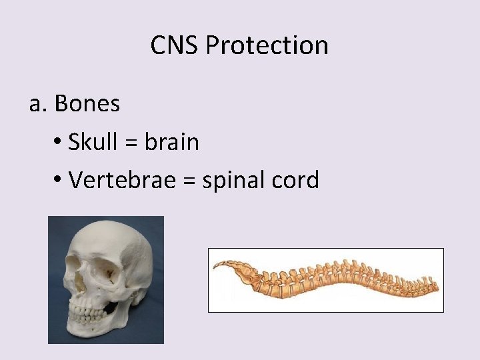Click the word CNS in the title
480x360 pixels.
pos(175,45)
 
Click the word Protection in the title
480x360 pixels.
pos(267,45)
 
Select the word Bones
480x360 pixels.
pos(87,103)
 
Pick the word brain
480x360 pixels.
pos(172,141)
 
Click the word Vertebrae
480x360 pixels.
pos(114,179)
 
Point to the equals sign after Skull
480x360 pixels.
pos(131,143)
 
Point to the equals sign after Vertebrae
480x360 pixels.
pos(175,181)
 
